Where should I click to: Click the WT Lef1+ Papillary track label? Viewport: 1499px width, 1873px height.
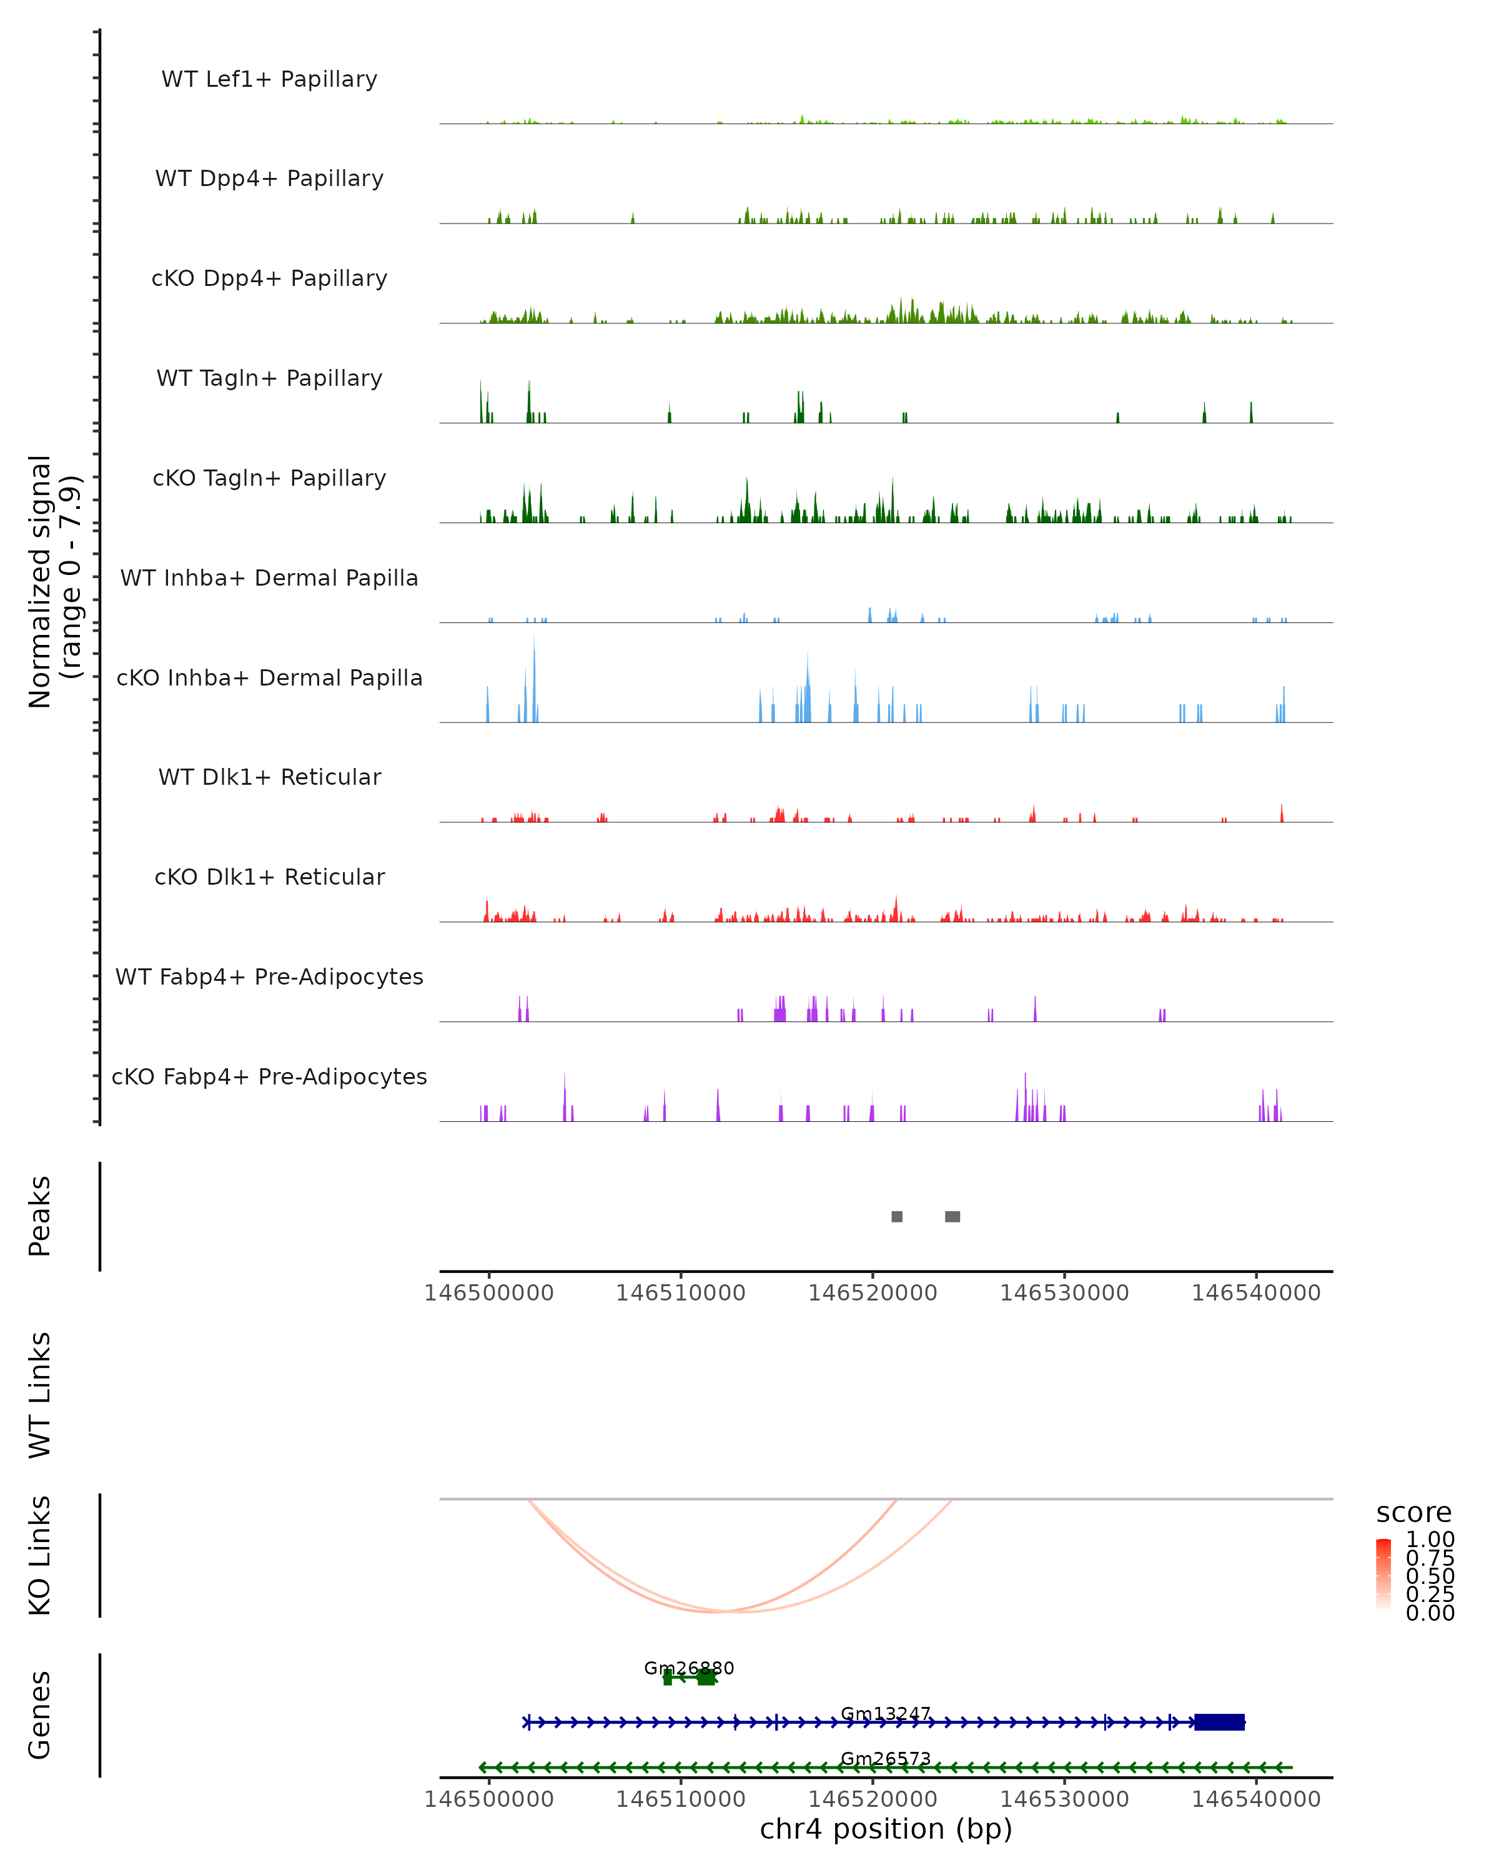click(269, 79)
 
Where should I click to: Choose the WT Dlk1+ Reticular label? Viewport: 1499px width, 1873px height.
click(269, 777)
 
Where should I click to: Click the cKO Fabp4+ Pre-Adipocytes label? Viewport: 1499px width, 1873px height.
click(269, 1076)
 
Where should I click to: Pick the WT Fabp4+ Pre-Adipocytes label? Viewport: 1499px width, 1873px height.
click(269, 976)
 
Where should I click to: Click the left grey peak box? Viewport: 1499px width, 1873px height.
click(897, 1216)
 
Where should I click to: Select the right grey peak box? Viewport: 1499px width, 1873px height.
click(952, 1216)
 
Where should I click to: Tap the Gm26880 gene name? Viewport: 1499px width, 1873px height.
click(688, 1668)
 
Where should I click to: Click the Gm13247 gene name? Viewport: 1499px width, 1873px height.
click(886, 1714)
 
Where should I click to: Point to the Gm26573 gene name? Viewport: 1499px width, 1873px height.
click(886, 1759)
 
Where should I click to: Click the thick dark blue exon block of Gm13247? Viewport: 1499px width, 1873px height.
click(1219, 1722)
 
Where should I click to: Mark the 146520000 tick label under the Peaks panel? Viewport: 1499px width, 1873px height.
click(873, 1293)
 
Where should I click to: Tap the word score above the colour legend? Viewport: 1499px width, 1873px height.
click(1414, 1513)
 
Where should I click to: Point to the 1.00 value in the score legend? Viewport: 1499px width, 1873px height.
click(1430, 1540)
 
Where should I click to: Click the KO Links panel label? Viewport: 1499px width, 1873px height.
click(40, 1555)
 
